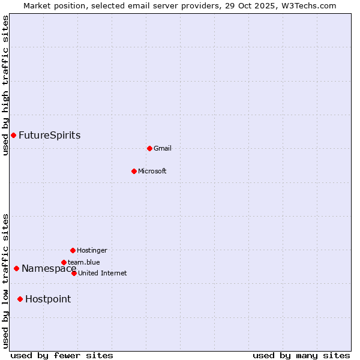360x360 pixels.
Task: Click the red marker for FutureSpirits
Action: [x=13, y=135]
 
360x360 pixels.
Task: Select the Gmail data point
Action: [x=149, y=148]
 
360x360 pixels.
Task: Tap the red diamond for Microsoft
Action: [x=134, y=171]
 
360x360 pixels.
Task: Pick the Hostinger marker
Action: [x=73, y=250]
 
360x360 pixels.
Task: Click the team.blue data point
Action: [x=64, y=262]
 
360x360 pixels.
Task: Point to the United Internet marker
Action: [x=74, y=273]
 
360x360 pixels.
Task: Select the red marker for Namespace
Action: [x=16, y=268]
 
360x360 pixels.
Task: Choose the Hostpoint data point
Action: [x=20, y=299]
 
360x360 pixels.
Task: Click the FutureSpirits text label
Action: [x=50, y=135]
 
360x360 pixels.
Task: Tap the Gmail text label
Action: [x=163, y=148]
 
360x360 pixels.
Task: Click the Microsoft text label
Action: [x=152, y=171]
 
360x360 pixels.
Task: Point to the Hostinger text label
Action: [x=92, y=250]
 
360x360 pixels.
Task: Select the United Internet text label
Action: [x=103, y=273]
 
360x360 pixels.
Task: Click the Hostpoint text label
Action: [x=48, y=299]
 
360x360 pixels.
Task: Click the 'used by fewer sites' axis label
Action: [x=62, y=355]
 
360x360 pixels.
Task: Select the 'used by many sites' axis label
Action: [x=301, y=355]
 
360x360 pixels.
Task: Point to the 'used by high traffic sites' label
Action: [x=5, y=86]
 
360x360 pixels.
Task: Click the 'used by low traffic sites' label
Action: [x=5, y=281]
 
